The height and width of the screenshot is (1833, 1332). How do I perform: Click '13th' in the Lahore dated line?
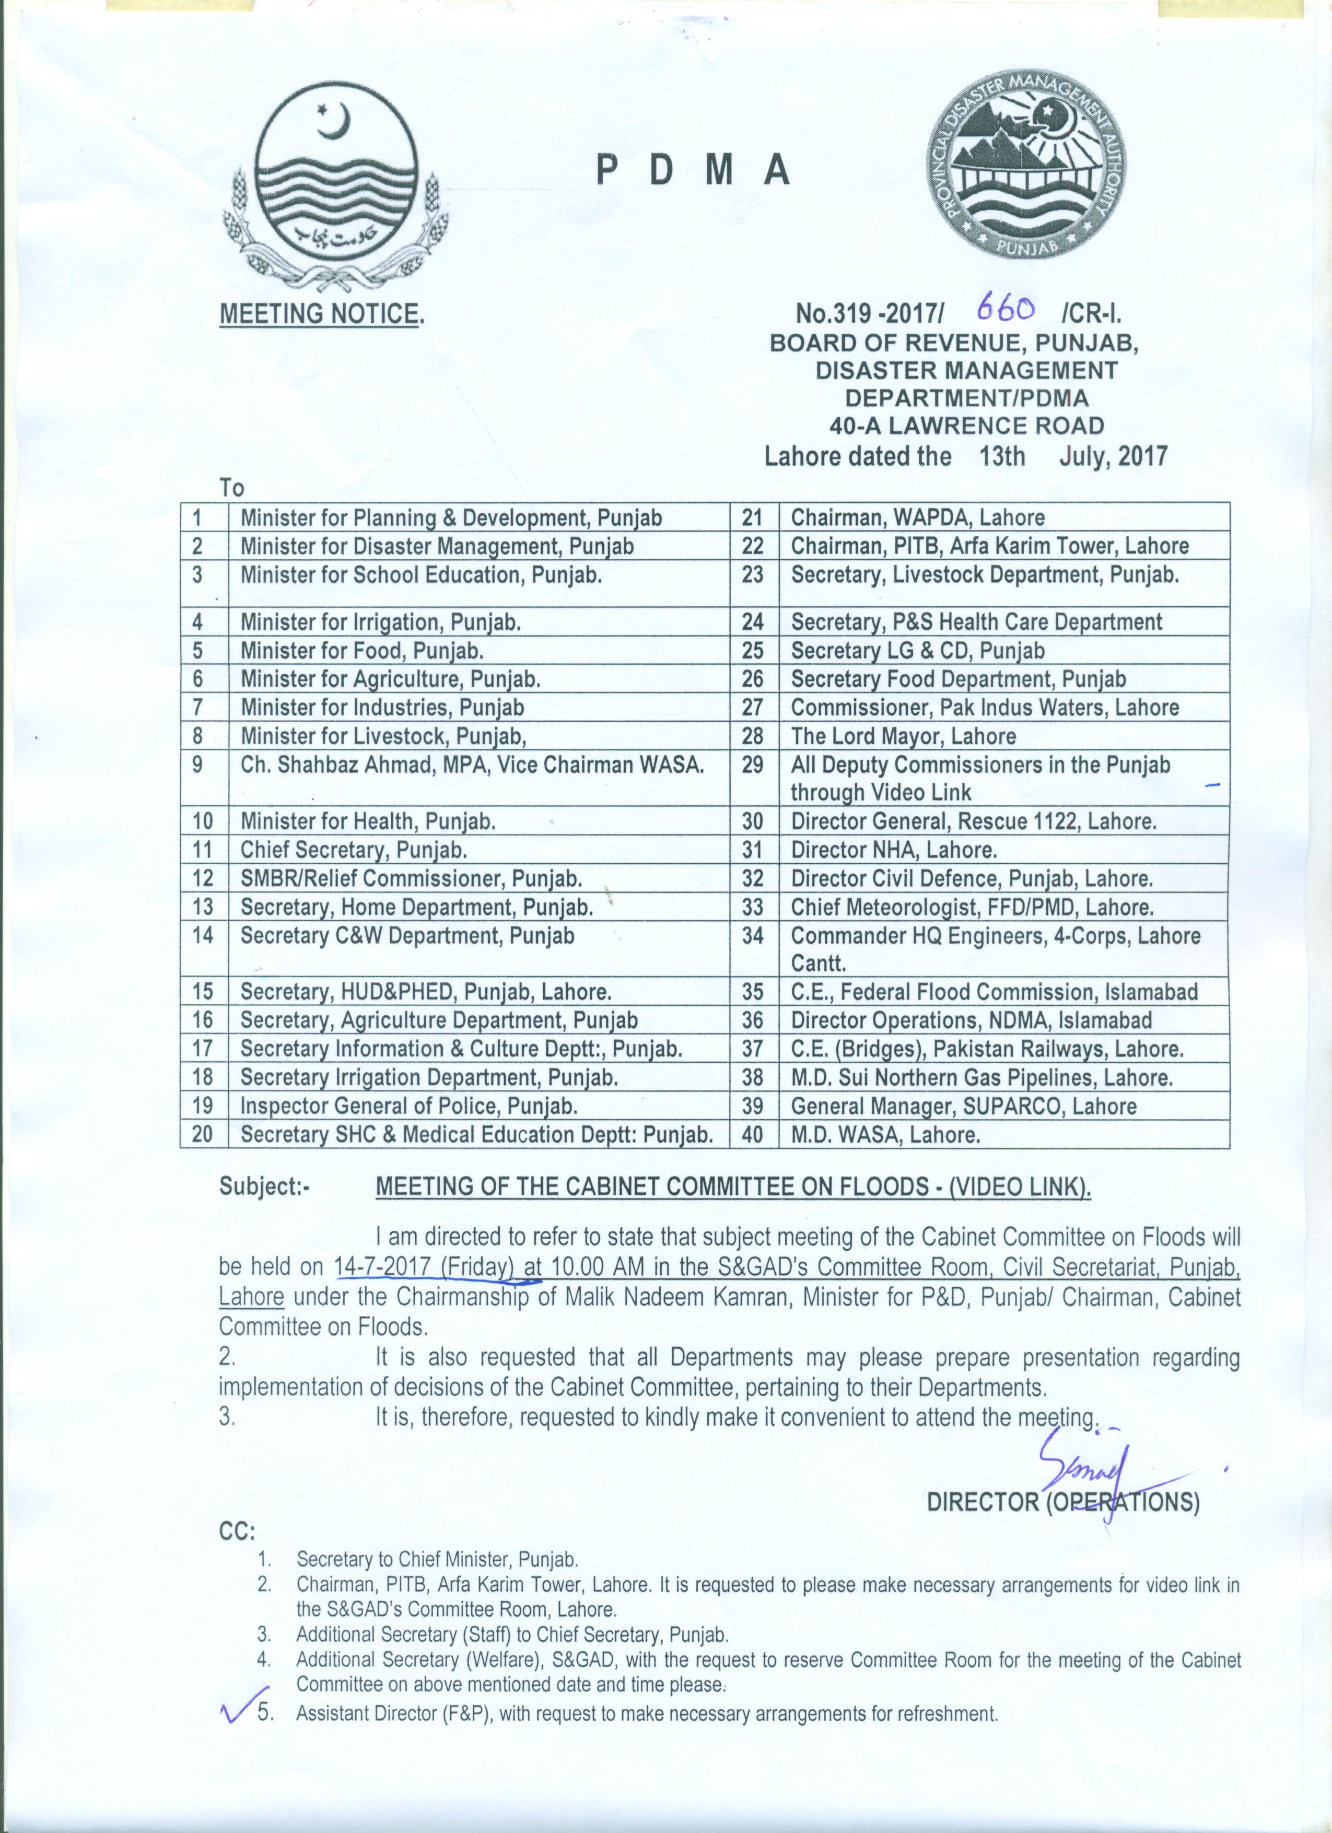1002,456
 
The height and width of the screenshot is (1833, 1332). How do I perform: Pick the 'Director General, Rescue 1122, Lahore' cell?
973,822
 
